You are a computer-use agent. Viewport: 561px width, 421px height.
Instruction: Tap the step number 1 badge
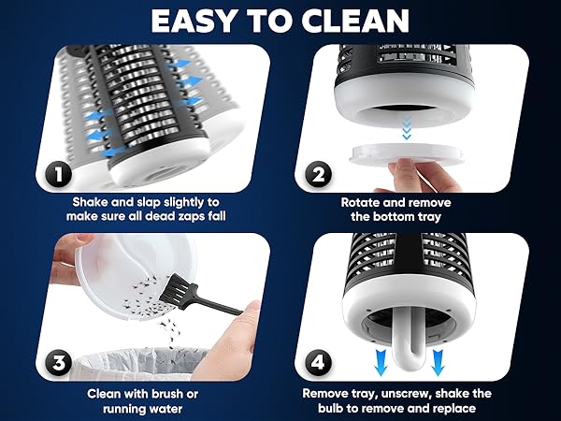57,174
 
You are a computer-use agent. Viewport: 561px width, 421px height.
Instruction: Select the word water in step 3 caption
172,410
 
